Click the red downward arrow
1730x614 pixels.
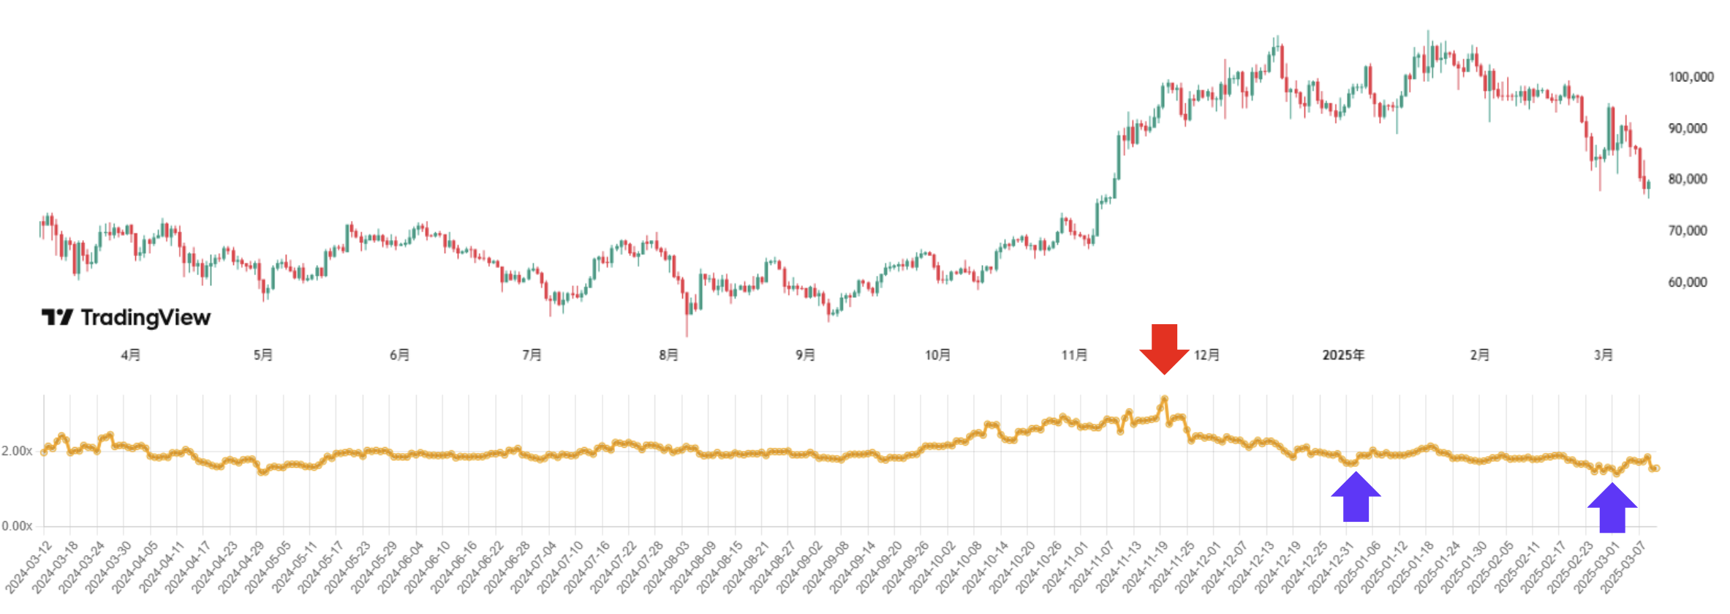click(x=1164, y=348)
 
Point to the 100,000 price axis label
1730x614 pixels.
click(x=1691, y=77)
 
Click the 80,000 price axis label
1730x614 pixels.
click(x=1688, y=179)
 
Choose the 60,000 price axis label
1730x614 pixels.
click(x=1688, y=282)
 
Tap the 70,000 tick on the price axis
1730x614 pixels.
click(x=1688, y=231)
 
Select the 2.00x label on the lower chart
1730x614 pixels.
click(x=17, y=451)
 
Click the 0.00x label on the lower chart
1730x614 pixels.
click(x=17, y=526)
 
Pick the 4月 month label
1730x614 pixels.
click(x=131, y=355)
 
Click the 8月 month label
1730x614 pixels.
click(x=668, y=355)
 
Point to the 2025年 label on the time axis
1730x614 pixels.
click(x=1343, y=355)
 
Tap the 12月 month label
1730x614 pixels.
click(x=1206, y=355)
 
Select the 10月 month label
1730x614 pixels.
click(x=937, y=355)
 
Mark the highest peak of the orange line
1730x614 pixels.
click(x=1164, y=400)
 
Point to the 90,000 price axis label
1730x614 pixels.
click(x=1688, y=128)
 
